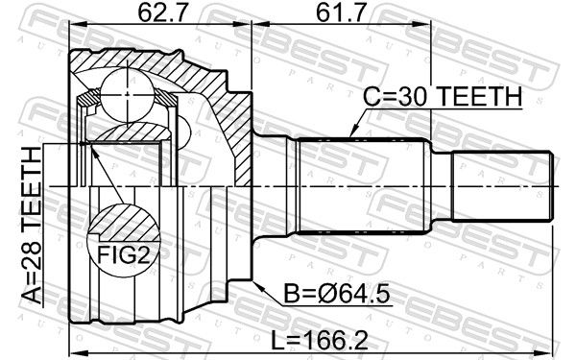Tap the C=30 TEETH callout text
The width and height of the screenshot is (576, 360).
click(x=443, y=96)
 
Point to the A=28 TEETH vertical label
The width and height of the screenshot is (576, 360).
click(x=32, y=226)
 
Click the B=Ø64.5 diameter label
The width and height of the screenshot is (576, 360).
click(x=337, y=295)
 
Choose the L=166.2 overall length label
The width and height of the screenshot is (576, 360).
click(x=319, y=340)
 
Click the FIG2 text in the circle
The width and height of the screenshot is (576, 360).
click(x=124, y=255)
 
